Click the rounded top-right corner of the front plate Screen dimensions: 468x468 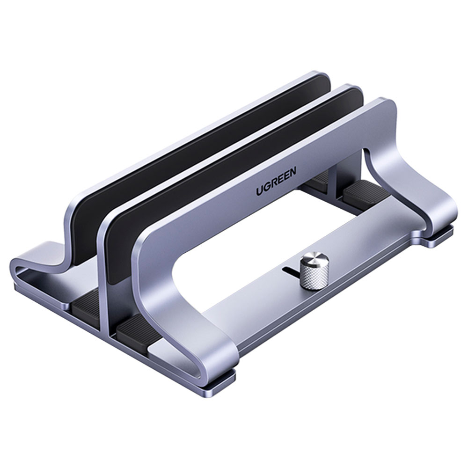pos(386,105)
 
